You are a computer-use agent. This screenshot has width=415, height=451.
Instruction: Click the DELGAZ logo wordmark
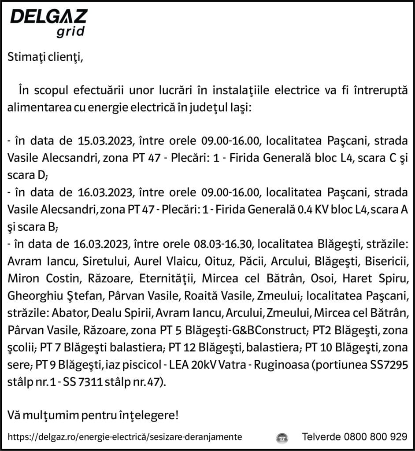tap(48, 17)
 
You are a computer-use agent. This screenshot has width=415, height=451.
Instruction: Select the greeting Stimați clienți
tap(45, 57)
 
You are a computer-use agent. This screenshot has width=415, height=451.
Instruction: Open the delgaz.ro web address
tap(125, 437)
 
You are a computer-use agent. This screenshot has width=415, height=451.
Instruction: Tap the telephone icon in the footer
tap(282, 437)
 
